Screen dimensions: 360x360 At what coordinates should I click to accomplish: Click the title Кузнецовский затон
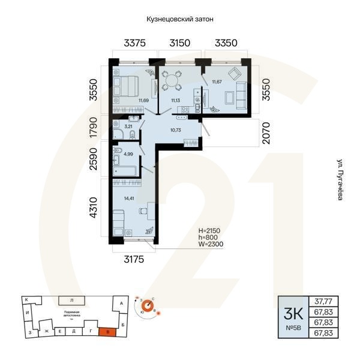(180, 19)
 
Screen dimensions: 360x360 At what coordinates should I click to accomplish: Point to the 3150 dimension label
(179, 43)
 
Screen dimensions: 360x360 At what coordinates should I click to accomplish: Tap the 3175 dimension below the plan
(136, 260)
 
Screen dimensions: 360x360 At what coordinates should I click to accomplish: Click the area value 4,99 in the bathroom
(128, 154)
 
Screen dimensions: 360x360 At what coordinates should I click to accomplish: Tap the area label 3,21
(128, 127)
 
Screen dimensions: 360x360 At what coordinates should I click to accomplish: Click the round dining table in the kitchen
(172, 79)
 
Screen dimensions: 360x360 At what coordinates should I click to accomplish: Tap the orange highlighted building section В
(106, 330)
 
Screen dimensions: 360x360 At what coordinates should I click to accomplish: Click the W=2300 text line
(211, 245)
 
